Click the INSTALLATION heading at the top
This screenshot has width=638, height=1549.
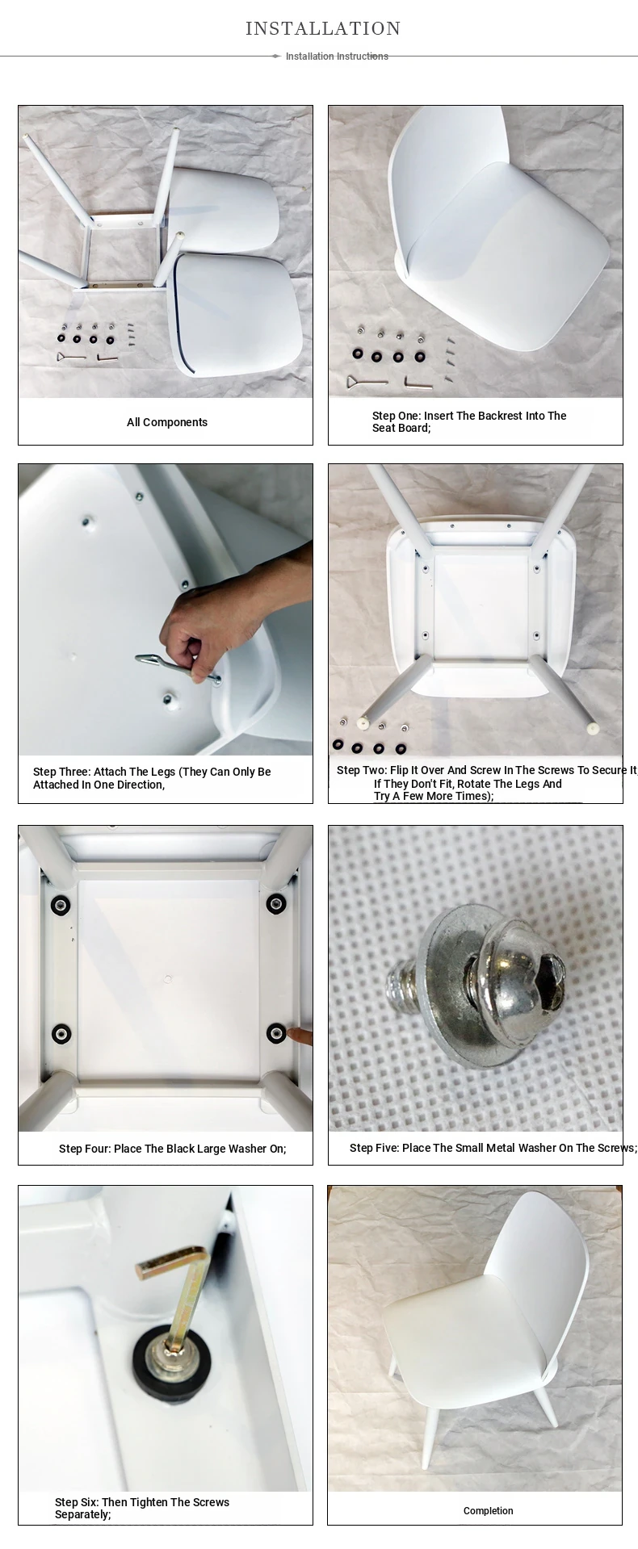tap(323, 29)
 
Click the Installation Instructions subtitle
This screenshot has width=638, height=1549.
tap(337, 57)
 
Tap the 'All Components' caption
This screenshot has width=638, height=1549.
tap(167, 422)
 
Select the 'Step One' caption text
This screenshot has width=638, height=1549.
tap(469, 422)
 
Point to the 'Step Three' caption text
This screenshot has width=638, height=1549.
tap(152, 778)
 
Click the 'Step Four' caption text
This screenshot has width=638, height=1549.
tap(173, 1149)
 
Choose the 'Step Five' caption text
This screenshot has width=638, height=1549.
tap(493, 1148)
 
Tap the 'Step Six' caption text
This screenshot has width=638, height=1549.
tap(142, 1508)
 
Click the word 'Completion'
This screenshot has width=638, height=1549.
tap(489, 1510)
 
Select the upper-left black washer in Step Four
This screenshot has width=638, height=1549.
tap(61, 906)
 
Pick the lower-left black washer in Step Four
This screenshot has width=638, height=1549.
tap(61, 1033)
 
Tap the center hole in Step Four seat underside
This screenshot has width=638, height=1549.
tap(169, 979)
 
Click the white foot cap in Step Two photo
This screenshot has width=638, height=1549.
tap(594, 727)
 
